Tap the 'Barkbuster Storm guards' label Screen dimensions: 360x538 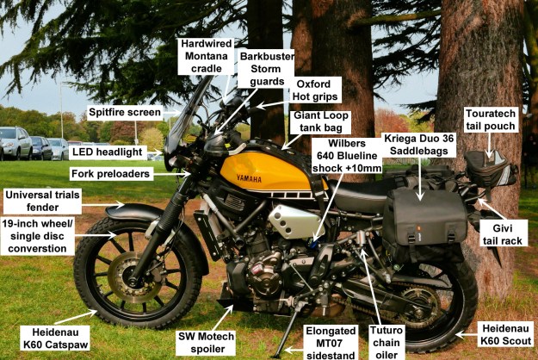[x=266, y=69]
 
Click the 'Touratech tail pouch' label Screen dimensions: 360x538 [x=490, y=119]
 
